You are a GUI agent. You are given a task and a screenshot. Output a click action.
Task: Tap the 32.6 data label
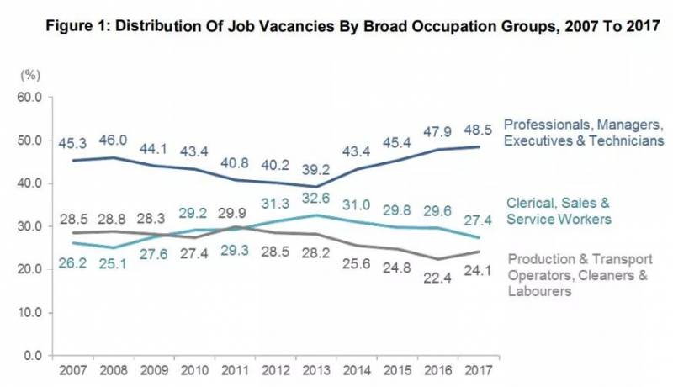(x=317, y=199)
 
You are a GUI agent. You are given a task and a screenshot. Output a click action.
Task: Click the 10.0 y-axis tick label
(x=29, y=312)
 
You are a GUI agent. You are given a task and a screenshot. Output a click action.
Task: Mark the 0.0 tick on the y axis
(x=32, y=355)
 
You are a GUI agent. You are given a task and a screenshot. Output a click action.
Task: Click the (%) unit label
(x=29, y=76)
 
